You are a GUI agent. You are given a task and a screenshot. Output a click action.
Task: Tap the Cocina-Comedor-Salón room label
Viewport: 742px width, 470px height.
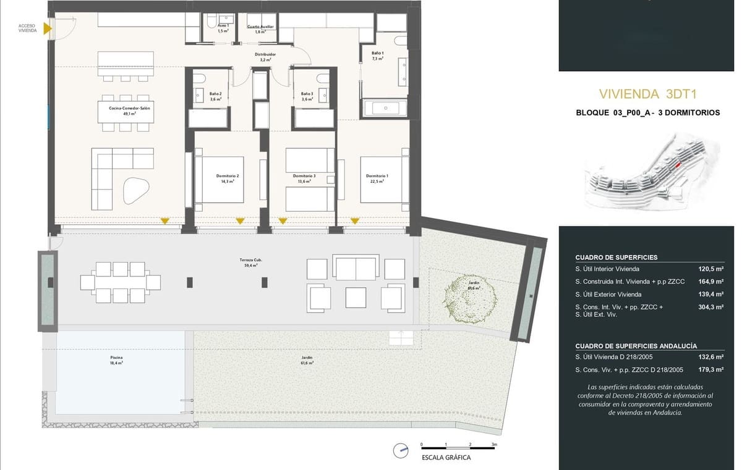point(129,110)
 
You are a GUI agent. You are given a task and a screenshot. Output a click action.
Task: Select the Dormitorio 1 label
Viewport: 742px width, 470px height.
point(378,178)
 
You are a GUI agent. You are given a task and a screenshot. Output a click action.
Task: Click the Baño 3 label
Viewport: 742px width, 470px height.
point(307,96)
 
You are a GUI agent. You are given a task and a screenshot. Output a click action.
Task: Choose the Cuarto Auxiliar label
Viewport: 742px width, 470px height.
point(260,29)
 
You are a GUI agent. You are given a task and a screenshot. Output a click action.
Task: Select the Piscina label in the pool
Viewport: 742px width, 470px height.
point(116,360)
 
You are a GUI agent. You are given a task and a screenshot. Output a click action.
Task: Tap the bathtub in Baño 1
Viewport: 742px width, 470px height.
point(385,108)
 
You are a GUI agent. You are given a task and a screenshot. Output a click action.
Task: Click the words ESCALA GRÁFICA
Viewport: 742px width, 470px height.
point(446,458)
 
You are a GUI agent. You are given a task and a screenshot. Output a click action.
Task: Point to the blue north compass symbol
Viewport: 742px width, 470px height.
point(403,450)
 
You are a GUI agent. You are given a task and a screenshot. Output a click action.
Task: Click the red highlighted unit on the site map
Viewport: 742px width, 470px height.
point(678,165)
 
